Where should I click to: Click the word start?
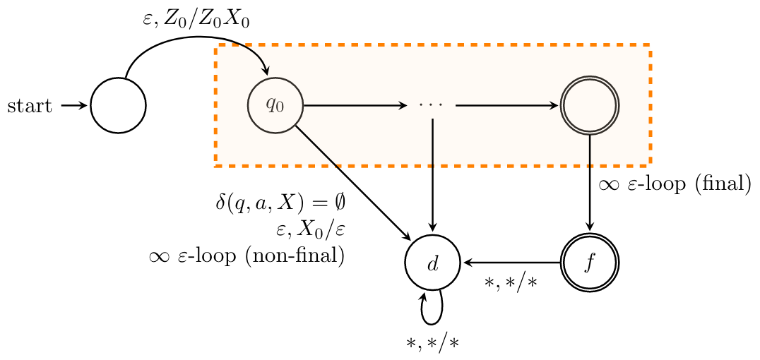(29, 107)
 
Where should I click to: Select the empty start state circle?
(118, 106)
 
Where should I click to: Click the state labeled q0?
(275, 106)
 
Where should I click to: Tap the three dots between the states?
(430, 106)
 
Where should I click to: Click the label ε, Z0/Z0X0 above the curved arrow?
(196, 21)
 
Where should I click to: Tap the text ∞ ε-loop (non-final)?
(247, 256)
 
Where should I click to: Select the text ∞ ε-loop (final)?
(674, 185)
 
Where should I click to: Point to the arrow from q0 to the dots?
(353, 106)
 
